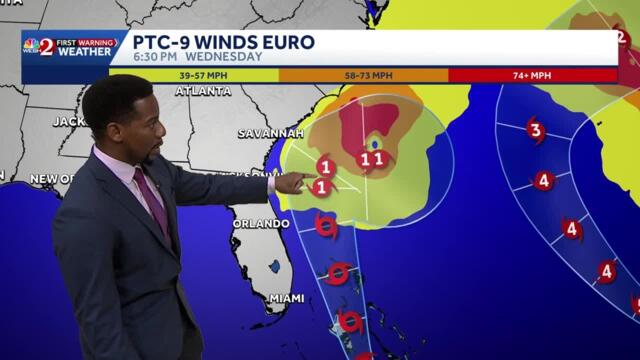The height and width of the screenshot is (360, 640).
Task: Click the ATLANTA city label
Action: pos(203,91)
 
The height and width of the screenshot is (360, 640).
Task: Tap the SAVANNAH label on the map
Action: pos(270,133)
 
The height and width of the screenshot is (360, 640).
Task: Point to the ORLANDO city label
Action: pos(261,223)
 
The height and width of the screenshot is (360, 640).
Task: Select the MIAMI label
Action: pos(286,298)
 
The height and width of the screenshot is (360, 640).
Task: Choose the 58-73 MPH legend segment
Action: pos(363,75)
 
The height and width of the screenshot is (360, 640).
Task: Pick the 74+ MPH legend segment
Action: pos(532,75)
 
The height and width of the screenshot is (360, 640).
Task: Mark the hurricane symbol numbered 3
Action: pos(535,131)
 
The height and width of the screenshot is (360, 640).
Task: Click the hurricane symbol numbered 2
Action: pos(621,38)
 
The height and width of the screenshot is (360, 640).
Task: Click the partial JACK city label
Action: pos(69,121)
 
